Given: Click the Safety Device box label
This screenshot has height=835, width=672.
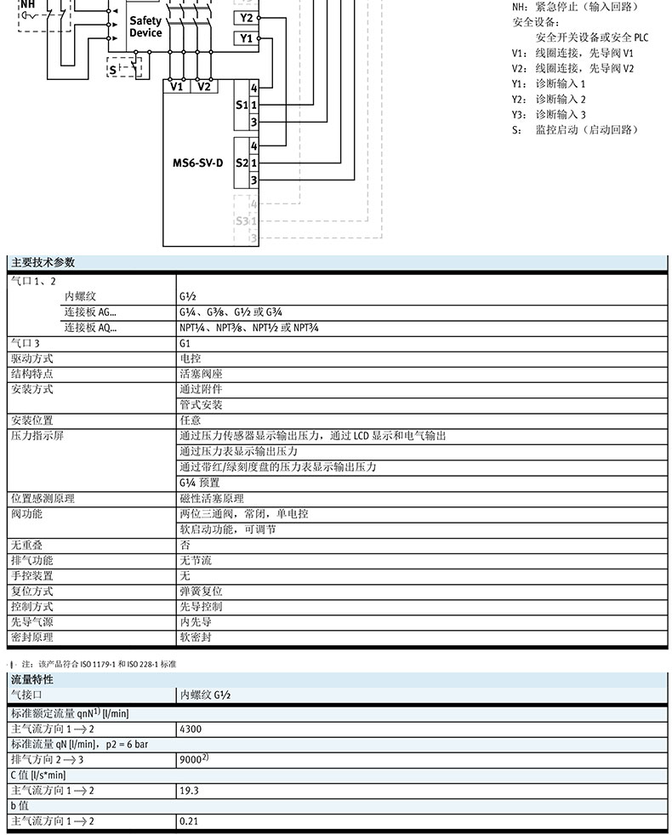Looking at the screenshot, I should point(145,26).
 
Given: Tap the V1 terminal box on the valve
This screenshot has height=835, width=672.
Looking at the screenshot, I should point(177,86).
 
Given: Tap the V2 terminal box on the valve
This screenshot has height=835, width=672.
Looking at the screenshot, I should point(204,86).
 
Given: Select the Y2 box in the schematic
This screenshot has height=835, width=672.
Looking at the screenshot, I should point(246,17).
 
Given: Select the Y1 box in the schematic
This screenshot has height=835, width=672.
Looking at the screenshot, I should point(246,38).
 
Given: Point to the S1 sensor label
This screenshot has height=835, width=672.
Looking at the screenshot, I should point(240,105).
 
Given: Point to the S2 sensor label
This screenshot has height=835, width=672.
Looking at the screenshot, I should point(240,162).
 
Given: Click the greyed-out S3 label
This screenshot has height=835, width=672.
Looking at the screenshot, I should point(241,220).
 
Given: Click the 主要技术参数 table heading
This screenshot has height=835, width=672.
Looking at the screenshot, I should point(43,262).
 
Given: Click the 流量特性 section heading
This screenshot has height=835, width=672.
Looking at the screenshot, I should point(31,679).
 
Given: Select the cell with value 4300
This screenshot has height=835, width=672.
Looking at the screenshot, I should point(191,729).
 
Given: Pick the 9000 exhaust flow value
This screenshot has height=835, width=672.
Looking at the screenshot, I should point(192,759).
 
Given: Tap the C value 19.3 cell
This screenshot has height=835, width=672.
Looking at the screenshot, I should point(189,791).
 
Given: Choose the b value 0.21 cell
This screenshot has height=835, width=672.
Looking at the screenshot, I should point(189,821).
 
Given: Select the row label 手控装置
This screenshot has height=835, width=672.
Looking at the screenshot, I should point(31,575).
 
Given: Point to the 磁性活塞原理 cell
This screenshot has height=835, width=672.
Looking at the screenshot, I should point(211,498).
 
